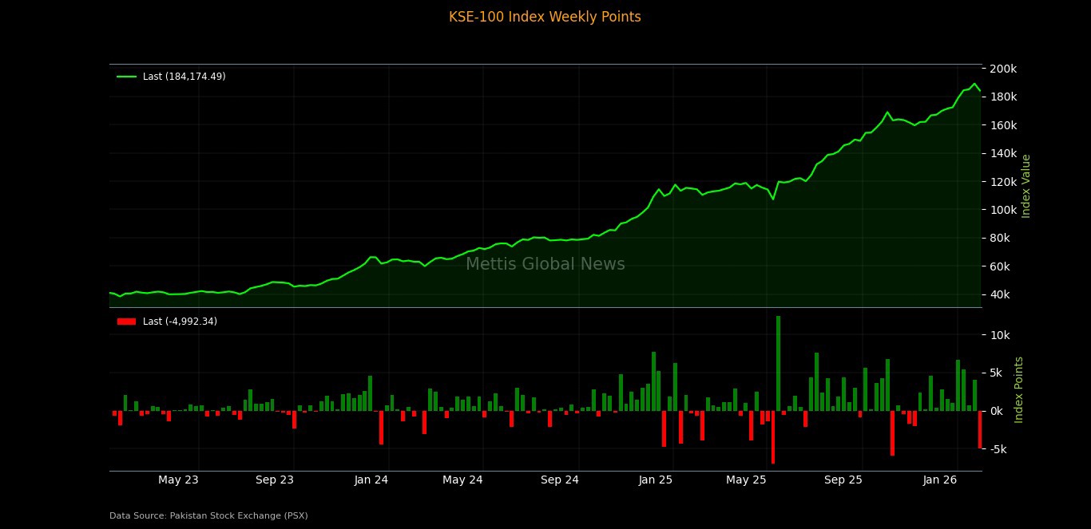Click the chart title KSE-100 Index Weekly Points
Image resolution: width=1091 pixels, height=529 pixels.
point(545,17)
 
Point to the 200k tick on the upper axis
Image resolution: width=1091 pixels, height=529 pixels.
point(1003,69)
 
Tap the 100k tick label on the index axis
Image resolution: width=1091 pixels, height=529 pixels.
point(1003,210)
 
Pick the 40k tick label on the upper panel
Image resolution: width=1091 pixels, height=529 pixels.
point(1001,294)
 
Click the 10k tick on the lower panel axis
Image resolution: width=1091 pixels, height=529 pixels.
point(1001,335)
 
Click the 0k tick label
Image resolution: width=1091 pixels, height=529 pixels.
point(1001,411)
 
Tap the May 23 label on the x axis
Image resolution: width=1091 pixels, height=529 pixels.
point(178,480)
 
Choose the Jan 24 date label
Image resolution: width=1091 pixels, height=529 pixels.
point(371,480)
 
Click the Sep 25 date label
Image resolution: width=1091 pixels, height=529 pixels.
point(843,480)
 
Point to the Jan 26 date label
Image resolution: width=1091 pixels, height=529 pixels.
point(939,480)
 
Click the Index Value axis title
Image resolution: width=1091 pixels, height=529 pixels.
point(1027,186)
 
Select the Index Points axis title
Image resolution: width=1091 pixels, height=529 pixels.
point(1019,389)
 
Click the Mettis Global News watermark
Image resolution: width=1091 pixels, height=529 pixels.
point(545,265)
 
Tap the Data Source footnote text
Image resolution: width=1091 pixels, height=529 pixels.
point(208,516)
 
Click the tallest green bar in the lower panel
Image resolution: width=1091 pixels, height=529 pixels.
point(778,363)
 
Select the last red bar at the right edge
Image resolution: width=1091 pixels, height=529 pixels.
point(980,429)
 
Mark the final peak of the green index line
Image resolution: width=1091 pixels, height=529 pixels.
point(974,84)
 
